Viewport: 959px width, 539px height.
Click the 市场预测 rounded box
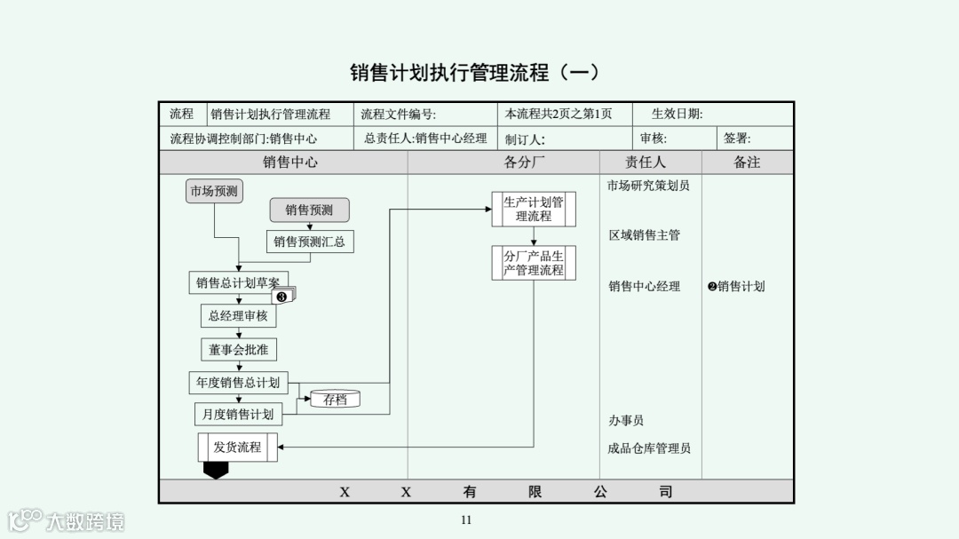pos(214,191)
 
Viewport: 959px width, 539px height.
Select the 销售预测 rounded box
pos(309,210)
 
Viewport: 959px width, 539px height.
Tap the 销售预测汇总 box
pos(309,242)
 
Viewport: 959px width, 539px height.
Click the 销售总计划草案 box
pos(237,283)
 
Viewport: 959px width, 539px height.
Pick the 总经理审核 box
pos(238,315)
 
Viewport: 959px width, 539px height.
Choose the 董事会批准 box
pos(238,350)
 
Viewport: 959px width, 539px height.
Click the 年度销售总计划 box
pos(238,383)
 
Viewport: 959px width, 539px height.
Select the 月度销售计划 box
pos(238,414)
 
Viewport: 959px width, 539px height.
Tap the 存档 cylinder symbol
pos(335,400)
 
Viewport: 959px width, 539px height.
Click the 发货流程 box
pos(237,448)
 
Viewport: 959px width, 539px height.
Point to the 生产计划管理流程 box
pos(534,210)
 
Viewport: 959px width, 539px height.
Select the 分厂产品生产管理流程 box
pos(534,263)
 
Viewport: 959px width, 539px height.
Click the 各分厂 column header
pos(525,162)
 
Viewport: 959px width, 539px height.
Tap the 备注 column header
pos(747,162)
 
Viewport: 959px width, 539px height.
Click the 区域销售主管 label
pos(645,235)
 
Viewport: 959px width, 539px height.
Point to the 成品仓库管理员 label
pos(648,448)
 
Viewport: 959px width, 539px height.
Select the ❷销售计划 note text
pos(736,286)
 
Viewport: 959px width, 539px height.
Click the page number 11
pos(466,520)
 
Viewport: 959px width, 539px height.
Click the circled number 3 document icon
pos(283,296)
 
